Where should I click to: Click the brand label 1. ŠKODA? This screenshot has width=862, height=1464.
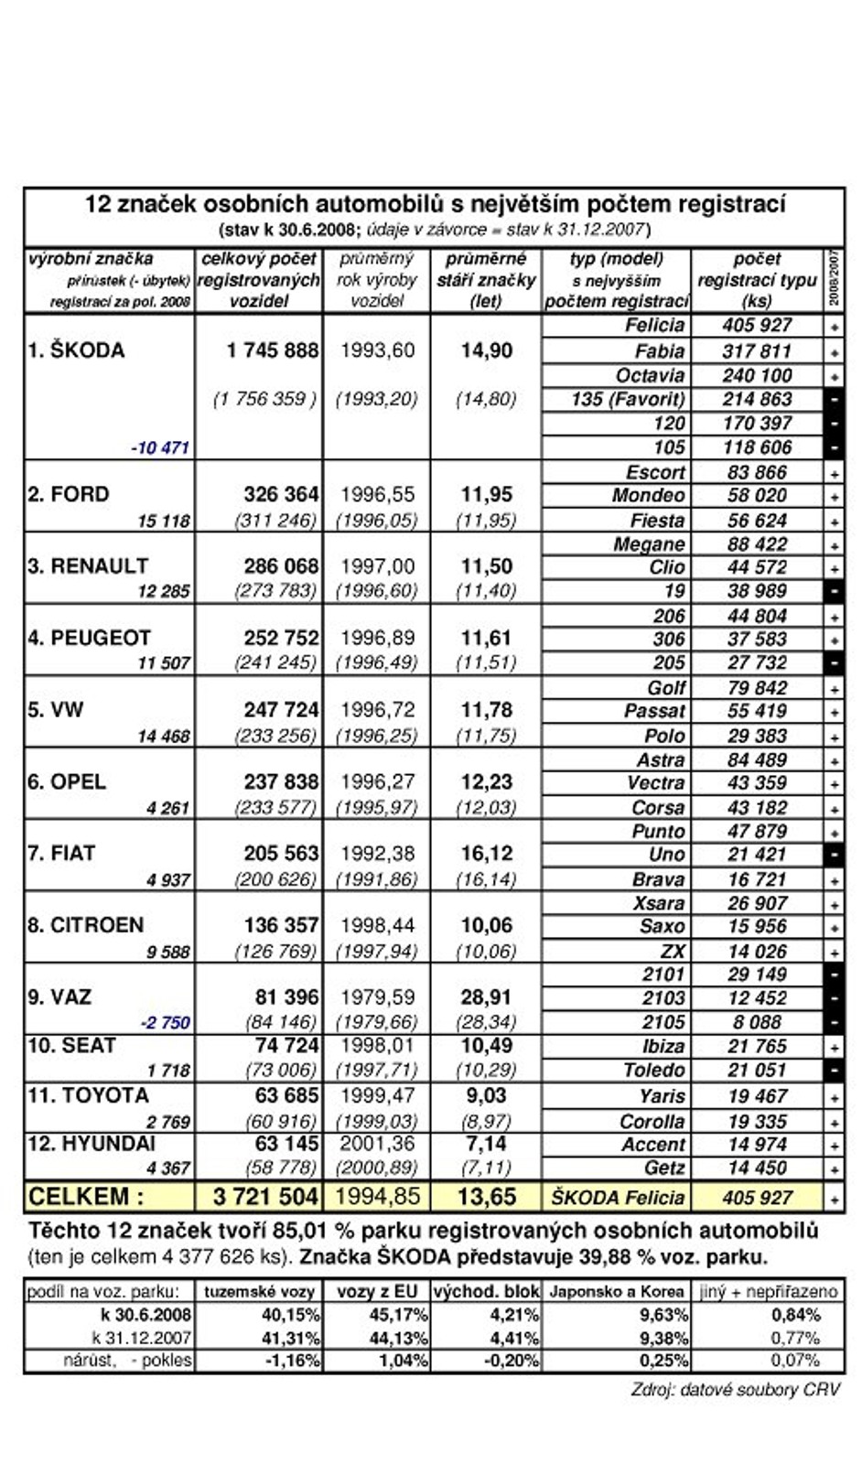[76, 350]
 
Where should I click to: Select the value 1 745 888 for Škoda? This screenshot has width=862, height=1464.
[273, 350]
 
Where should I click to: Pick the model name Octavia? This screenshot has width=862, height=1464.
[650, 375]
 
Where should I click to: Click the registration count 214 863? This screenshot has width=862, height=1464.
[757, 399]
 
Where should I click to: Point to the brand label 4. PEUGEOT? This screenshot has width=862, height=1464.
[88, 638]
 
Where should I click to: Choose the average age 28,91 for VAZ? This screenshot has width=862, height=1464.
[486, 997]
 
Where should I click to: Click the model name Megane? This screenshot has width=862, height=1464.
[649, 544]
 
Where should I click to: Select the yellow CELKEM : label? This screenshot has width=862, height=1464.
[86, 1197]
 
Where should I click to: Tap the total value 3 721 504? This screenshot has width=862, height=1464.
[265, 1197]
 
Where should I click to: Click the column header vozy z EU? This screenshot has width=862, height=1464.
[377, 1292]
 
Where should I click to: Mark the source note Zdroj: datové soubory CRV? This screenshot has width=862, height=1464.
[735, 1390]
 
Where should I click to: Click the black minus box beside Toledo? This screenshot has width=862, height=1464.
[835, 1070]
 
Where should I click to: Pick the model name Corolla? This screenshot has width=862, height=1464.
[652, 1121]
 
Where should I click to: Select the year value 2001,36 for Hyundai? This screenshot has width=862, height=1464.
[377, 1144]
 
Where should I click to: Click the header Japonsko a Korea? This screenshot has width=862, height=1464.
[616, 1292]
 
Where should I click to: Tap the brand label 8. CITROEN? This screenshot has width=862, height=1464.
[85, 925]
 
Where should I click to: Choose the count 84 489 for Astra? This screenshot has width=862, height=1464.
[757, 759]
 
